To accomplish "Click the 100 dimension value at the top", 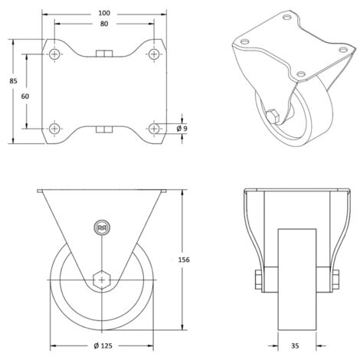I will [103, 14].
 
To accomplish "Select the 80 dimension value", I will [103, 25].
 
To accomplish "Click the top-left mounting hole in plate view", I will [55, 54].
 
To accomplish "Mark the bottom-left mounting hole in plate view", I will [55, 128].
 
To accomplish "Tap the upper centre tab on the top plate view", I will [103, 54].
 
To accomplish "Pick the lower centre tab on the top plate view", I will [103, 129].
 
